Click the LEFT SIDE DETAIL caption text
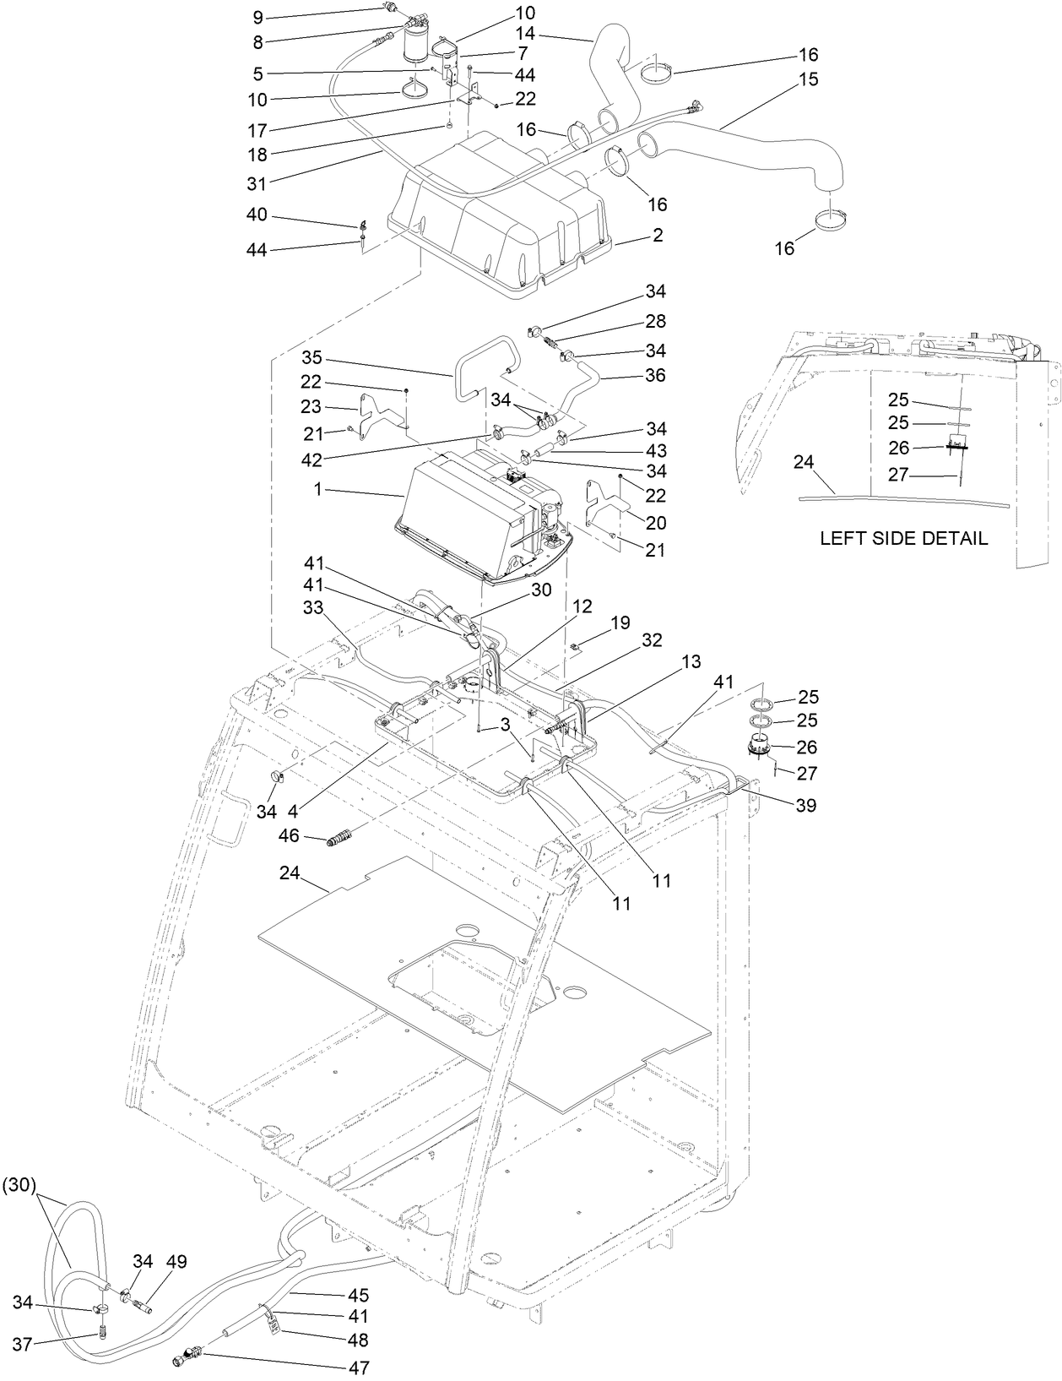pos(903,538)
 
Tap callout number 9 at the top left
pos(258,16)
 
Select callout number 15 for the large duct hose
pos(808,79)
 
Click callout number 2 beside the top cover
pos(657,236)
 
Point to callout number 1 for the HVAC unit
pos(318,489)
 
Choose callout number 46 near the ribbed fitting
pos(289,835)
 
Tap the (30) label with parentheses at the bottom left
pos(18,1185)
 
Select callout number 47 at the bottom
pos(359,1367)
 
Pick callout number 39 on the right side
pos(806,805)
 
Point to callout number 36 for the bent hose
pos(654,374)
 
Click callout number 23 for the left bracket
pos(311,406)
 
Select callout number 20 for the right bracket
pos(655,523)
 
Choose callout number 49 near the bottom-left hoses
pos(176,1262)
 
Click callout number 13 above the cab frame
pos(691,663)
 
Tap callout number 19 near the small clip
pos(620,623)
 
